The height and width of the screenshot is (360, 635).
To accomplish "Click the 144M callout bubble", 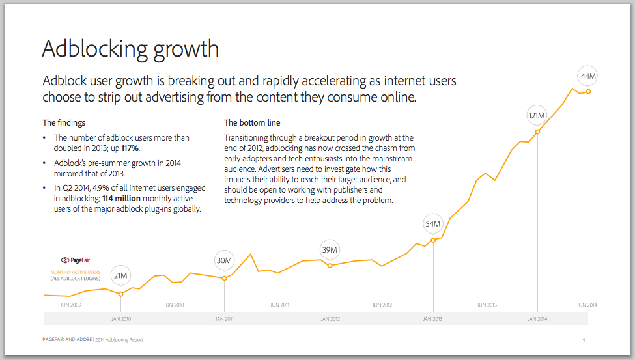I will [x=587, y=76].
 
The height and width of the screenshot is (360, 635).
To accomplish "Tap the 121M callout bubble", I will [x=537, y=117].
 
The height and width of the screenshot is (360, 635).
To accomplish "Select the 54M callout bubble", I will [x=433, y=224].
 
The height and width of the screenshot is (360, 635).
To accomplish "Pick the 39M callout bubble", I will [x=330, y=250].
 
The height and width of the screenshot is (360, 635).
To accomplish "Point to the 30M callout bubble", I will [x=224, y=262].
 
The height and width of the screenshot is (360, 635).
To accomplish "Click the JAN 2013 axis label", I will [x=433, y=319].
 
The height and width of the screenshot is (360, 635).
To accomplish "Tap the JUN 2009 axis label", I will [x=70, y=305].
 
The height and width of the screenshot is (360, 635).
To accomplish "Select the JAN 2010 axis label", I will [x=121, y=319].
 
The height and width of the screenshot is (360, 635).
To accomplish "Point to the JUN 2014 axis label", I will [x=587, y=305].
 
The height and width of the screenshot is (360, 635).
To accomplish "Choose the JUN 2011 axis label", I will [x=279, y=305].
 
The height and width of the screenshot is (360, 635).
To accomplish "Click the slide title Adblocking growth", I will [x=130, y=49].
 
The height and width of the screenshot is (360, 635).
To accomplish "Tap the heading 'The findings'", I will [x=64, y=122].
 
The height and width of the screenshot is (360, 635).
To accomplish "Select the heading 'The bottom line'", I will [x=253, y=122].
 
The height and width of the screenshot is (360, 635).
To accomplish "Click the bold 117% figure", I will [x=130, y=148].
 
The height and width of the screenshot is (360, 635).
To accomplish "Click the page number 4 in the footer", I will [x=584, y=340].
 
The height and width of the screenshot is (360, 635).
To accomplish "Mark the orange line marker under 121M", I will [x=537, y=132].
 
